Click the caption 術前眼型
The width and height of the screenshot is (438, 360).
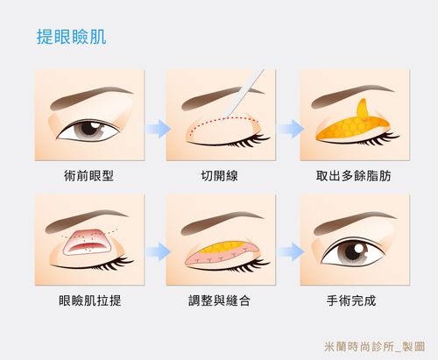coord(88,176)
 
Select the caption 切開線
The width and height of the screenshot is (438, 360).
coord(221,176)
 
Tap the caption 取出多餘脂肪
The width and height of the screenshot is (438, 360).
coord(354,176)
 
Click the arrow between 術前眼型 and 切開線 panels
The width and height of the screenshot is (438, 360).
coord(155,129)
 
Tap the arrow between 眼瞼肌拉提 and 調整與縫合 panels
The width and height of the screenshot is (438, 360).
coord(155,252)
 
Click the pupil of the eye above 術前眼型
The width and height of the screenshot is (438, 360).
coord(86,130)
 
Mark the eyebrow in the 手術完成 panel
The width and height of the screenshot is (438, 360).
coord(350,217)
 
